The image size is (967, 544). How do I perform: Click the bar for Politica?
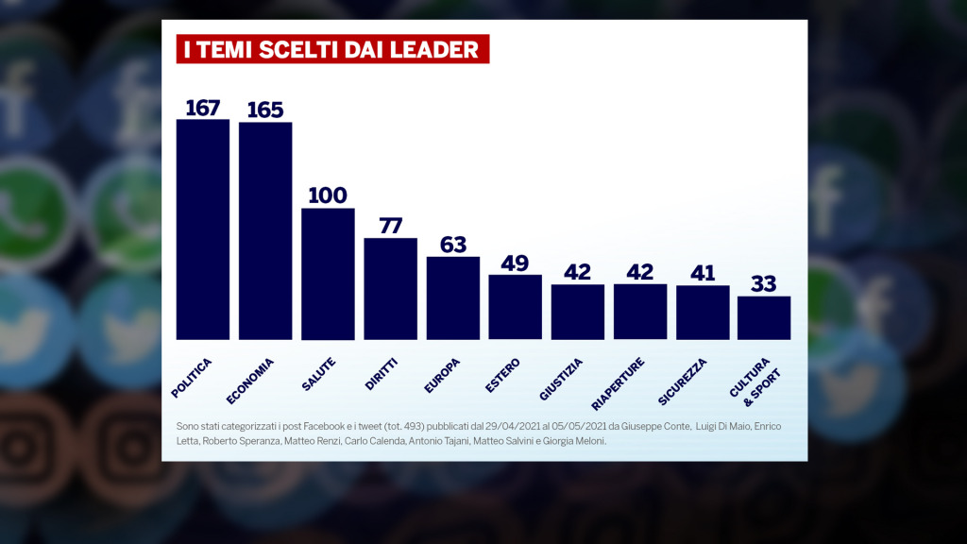point(203,229)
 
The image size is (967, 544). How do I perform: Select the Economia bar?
point(265,231)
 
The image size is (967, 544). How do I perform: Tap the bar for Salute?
point(328,274)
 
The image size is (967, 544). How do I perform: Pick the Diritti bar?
point(390,289)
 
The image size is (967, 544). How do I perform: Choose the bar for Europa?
point(452,298)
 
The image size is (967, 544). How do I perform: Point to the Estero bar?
point(515,307)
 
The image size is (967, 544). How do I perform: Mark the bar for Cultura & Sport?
point(764,318)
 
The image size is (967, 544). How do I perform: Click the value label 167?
point(203,107)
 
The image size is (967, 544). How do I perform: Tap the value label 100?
point(328,195)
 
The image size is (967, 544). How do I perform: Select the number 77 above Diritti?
point(390,226)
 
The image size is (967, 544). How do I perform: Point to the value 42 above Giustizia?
point(577,272)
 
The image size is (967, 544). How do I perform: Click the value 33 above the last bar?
point(764,283)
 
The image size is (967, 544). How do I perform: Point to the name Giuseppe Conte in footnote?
point(657,427)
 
